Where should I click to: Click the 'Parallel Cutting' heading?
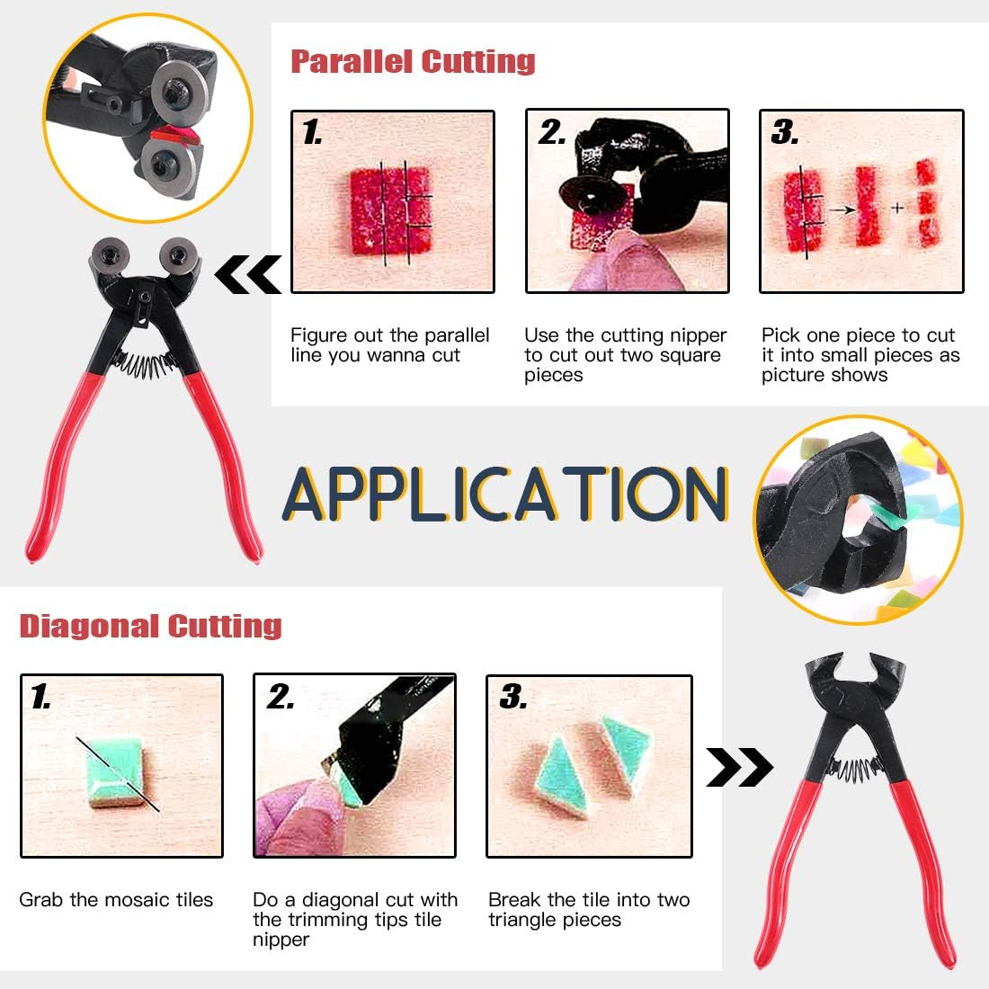[413, 61]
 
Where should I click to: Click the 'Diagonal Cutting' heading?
[151, 626]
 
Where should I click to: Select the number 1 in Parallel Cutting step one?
[311, 133]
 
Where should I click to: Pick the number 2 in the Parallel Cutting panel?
[551, 133]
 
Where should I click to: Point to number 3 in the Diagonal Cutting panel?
[512, 696]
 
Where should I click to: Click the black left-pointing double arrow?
[247, 274]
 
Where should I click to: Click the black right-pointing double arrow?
[739, 767]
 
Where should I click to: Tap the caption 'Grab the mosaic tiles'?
[116, 900]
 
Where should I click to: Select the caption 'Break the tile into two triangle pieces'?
[588, 909]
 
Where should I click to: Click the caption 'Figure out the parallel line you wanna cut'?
[389, 345]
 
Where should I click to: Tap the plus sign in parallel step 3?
[896, 208]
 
